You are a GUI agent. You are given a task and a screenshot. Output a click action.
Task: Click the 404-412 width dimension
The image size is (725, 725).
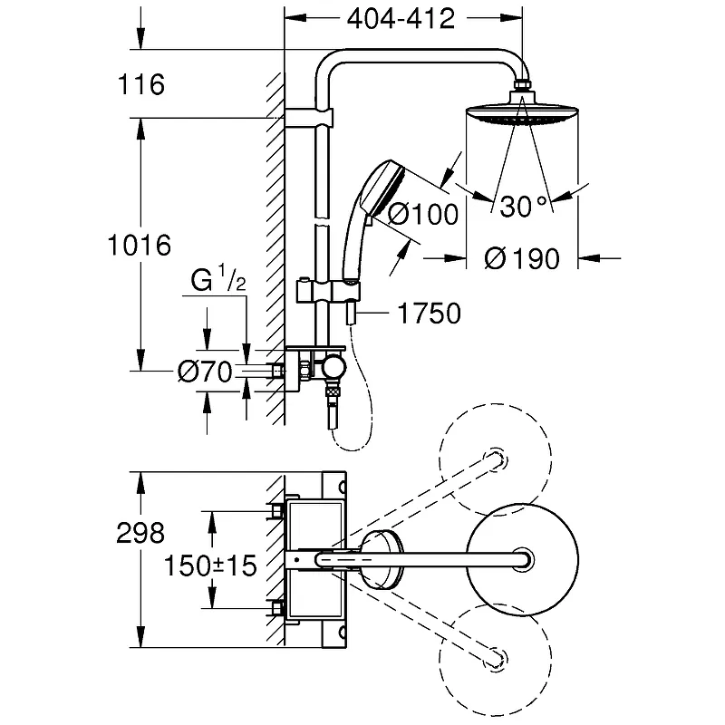[x=401, y=19]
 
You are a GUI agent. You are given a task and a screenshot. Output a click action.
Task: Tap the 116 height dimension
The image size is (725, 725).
[x=141, y=84]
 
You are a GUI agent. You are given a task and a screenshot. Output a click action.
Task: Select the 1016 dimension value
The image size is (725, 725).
[x=140, y=245]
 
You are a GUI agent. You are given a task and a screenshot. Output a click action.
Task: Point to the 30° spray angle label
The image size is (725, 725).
[x=524, y=207]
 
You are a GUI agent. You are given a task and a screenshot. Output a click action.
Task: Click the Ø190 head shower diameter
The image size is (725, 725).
[x=522, y=258]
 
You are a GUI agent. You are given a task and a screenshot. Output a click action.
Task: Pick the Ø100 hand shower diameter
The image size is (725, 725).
[x=422, y=214]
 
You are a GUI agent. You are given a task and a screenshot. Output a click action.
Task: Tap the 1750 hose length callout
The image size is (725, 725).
[x=429, y=313]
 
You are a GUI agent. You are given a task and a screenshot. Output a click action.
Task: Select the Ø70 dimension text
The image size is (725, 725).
[x=205, y=372]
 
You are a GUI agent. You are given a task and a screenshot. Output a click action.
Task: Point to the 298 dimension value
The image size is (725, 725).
[x=140, y=533]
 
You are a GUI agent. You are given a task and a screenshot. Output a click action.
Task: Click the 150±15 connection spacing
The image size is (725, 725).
[x=210, y=565]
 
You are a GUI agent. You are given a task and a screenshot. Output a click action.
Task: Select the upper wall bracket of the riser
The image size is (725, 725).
[x=309, y=118]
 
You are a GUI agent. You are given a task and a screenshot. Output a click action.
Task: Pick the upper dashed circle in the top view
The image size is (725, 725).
[x=495, y=459]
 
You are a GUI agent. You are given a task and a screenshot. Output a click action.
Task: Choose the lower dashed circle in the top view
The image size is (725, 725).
[x=495, y=660]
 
